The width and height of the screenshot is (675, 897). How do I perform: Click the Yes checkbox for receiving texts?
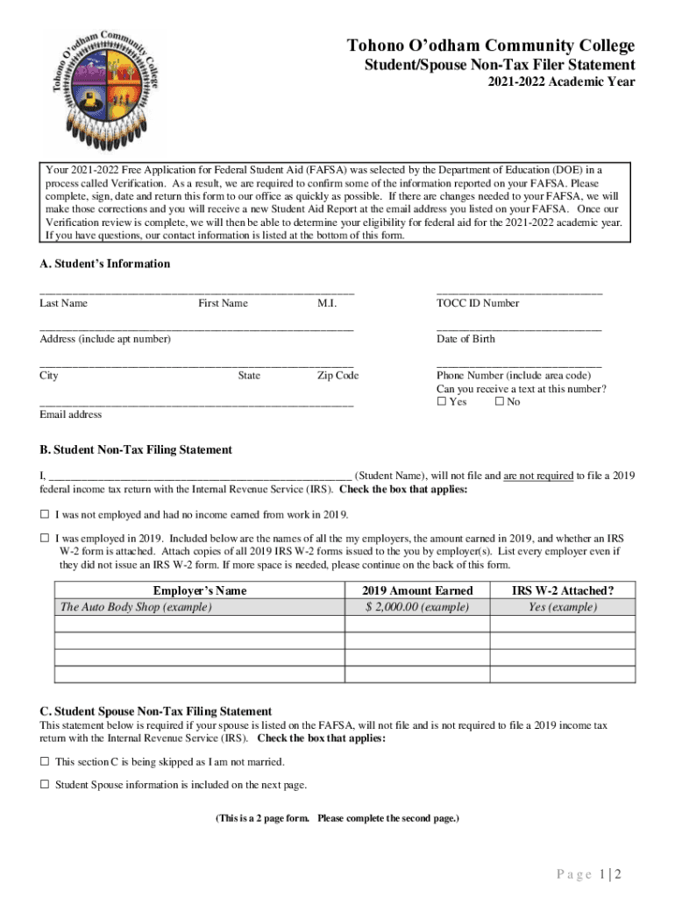(441, 402)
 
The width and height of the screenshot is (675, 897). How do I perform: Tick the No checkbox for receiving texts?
(499, 402)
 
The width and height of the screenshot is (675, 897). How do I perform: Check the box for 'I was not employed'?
(44, 514)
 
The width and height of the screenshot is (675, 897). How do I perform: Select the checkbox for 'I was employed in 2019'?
(44, 538)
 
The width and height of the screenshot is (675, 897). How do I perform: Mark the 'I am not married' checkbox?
(44, 762)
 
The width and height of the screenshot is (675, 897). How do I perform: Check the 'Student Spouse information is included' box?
(44, 785)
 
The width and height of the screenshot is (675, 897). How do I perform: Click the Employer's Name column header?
(199, 590)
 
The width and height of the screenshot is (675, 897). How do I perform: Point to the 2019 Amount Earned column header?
(417, 590)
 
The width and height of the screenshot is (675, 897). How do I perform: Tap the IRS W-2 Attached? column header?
(562, 590)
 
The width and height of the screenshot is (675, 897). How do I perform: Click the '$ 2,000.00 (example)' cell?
(417, 607)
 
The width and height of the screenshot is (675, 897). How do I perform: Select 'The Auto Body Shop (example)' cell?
(135, 607)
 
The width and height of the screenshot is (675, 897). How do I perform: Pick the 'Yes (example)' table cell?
(562, 607)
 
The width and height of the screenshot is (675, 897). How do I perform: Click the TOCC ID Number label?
(478, 303)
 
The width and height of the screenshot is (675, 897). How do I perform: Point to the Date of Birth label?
(465, 339)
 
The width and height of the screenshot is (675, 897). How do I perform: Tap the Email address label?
(70, 414)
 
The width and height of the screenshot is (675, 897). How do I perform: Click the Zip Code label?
(337, 376)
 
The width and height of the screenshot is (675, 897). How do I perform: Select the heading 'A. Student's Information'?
(104, 264)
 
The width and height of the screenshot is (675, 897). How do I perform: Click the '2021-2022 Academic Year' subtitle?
(562, 82)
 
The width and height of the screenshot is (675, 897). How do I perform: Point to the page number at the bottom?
(588, 874)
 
